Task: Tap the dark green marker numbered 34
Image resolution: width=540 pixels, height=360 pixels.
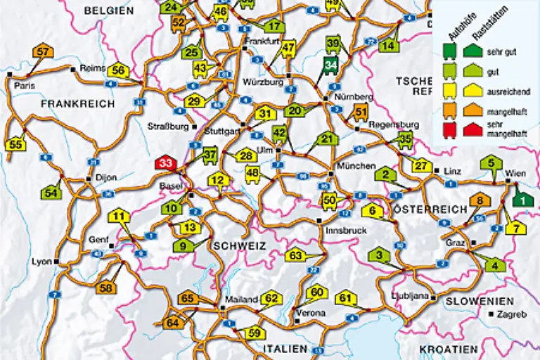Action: pyautogui.click(x=330, y=65)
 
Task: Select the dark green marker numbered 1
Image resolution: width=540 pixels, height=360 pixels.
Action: pyautogui.click(x=522, y=200)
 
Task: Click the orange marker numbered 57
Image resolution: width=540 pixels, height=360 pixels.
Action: pyautogui.click(x=43, y=51)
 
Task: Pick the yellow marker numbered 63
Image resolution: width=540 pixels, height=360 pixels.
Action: pyautogui.click(x=296, y=255)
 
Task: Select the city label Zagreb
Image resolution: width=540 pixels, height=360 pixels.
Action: pyautogui.click(x=511, y=315)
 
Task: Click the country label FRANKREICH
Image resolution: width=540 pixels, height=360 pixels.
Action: pyautogui.click(x=77, y=103)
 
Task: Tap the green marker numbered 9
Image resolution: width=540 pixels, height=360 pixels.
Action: pyautogui.click(x=183, y=245)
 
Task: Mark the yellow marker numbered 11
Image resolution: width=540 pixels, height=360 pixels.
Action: pyautogui.click(x=120, y=217)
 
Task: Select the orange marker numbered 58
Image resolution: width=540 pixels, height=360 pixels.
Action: pyautogui.click(x=106, y=288)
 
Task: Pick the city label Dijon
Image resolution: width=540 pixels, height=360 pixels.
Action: pyautogui.click(x=105, y=178)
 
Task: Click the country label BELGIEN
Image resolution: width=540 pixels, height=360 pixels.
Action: pyautogui.click(x=108, y=11)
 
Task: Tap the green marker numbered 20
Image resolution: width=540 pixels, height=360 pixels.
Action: pyautogui.click(x=295, y=110)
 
